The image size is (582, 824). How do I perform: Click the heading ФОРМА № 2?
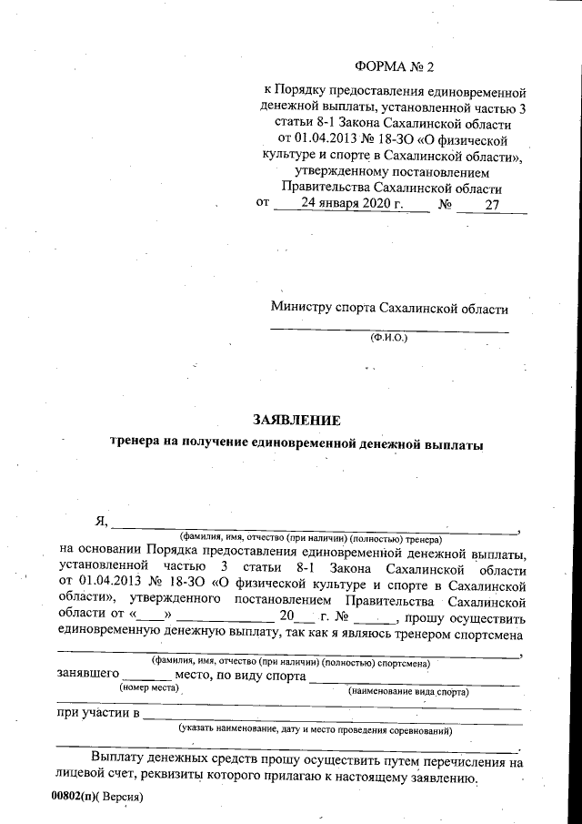tap(394, 67)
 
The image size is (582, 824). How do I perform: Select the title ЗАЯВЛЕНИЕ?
tap(296, 421)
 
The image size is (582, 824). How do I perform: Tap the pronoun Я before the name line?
tap(101, 522)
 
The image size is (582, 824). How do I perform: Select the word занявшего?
tap(88, 676)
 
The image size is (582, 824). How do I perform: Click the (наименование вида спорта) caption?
tap(408, 692)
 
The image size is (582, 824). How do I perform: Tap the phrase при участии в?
tap(97, 713)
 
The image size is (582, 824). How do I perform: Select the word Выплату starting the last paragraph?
tap(121, 758)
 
